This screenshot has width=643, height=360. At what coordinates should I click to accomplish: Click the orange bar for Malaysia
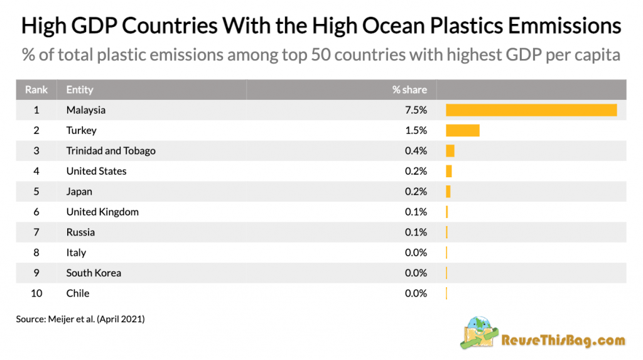pos(531,110)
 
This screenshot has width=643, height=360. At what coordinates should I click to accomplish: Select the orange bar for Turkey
pos(463,131)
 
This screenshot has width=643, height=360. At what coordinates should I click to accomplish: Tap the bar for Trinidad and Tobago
pos(450,151)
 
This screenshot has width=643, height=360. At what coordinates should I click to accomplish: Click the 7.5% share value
pos(416,110)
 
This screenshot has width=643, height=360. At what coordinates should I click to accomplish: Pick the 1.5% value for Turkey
pos(416,131)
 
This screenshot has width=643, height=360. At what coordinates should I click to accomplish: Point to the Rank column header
pos(36,89)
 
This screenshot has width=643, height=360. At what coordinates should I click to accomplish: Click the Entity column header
pos(80,89)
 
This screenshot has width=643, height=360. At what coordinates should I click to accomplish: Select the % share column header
pos(409,89)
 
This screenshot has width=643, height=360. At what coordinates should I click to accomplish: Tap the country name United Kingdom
pos(102,212)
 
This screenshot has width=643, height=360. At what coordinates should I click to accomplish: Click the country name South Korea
pos(94,273)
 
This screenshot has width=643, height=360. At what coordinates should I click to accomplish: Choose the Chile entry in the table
pos(78,293)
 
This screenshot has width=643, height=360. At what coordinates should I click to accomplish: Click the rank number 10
pos(36,293)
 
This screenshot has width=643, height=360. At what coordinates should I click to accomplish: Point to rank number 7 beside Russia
pos(36,232)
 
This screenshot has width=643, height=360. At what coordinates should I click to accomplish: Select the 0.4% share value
pos(416,151)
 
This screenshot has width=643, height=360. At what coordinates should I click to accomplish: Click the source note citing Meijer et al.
pos(80,319)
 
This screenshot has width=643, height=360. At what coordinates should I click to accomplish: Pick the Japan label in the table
pos(79,192)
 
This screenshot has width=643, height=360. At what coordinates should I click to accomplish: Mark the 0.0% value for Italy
pos(416,253)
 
